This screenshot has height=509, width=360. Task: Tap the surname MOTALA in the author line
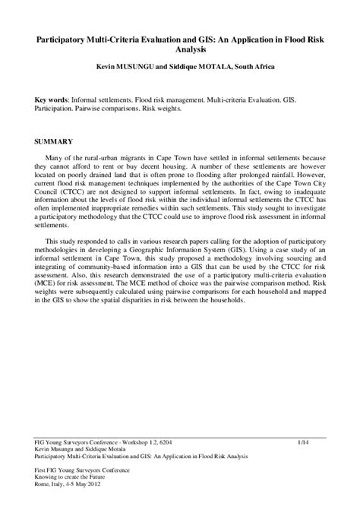(x=219, y=68)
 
